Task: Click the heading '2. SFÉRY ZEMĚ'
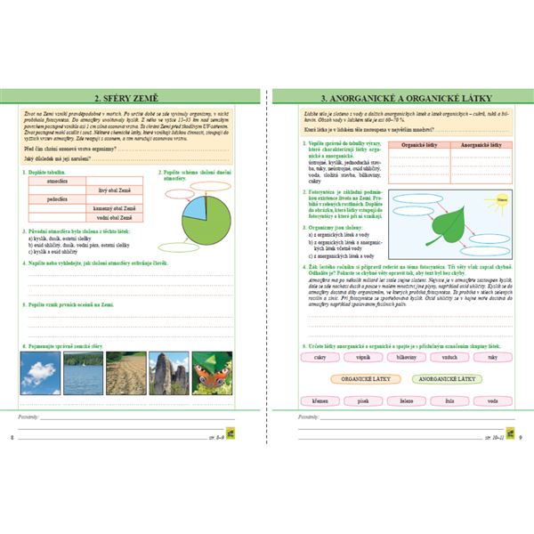click(133, 97)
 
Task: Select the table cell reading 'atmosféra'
click(58, 180)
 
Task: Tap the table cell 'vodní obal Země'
click(114, 217)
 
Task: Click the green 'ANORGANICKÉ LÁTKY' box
click(448, 378)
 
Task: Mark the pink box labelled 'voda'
click(492, 400)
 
